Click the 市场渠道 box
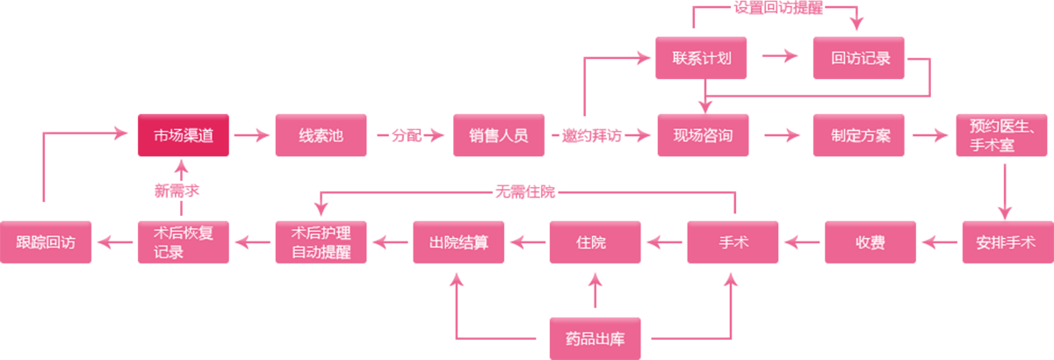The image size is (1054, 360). (183, 135)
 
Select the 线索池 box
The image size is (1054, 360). (321, 135)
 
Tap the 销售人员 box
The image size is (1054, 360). (498, 135)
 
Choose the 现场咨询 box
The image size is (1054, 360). (703, 135)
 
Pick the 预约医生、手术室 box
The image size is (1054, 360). (1003, 135)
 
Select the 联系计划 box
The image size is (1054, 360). (702, 59)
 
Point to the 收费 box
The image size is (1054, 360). (870, 242)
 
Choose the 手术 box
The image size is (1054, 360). (733, 242)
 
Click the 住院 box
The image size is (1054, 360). (595, 242)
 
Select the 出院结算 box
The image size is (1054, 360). (458, 242)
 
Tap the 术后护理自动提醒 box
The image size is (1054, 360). (321, 242)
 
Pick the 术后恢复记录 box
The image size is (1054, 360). (183, 242)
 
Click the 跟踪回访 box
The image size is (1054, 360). (46, 242)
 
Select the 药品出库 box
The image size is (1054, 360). (595, 338)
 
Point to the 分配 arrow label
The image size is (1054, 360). (406, 136)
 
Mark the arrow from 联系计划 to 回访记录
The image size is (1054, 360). (780, 57)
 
